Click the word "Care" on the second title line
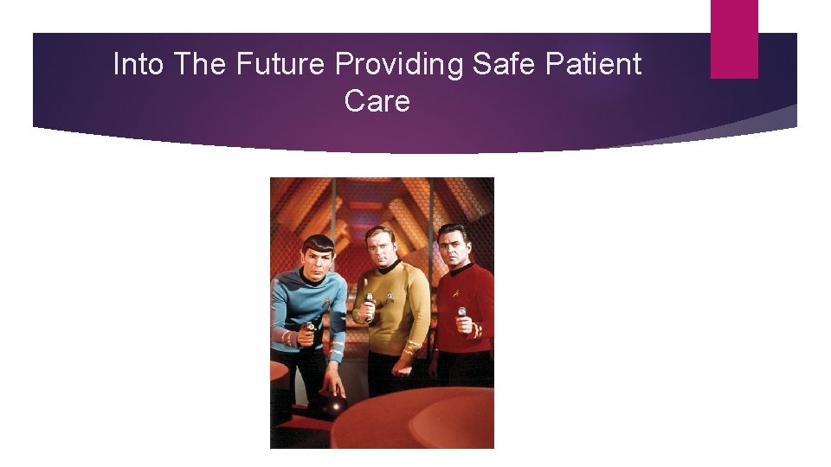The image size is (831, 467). (x=377, y=101)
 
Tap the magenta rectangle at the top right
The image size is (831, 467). (x=734, y=39)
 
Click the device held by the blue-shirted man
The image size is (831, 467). (x=309, y=328)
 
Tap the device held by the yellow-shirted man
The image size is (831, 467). (x=369, y=303)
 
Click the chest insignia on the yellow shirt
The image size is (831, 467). (x=390, y=295)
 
